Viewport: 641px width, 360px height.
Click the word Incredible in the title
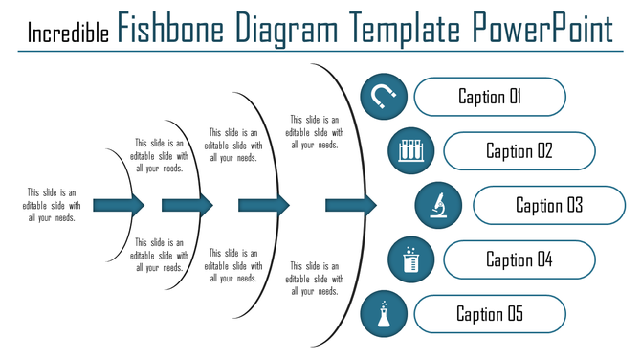68,34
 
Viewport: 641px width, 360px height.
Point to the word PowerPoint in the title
542,30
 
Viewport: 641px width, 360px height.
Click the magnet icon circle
385,97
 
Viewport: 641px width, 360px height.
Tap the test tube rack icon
411,150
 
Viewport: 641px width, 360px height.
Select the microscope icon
439,205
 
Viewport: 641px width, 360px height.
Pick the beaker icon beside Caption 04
411,259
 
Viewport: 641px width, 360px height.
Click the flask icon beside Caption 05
385,314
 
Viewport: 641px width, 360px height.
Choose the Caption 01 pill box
490,97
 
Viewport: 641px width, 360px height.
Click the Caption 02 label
519,150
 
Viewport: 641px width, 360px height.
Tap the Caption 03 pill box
549,205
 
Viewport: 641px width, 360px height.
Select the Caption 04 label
519,259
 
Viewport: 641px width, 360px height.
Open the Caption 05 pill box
490,314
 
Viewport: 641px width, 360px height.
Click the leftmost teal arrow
123,205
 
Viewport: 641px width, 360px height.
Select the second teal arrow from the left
187,205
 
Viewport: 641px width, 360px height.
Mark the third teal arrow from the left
264,205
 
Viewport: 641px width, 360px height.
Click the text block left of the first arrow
54,205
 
